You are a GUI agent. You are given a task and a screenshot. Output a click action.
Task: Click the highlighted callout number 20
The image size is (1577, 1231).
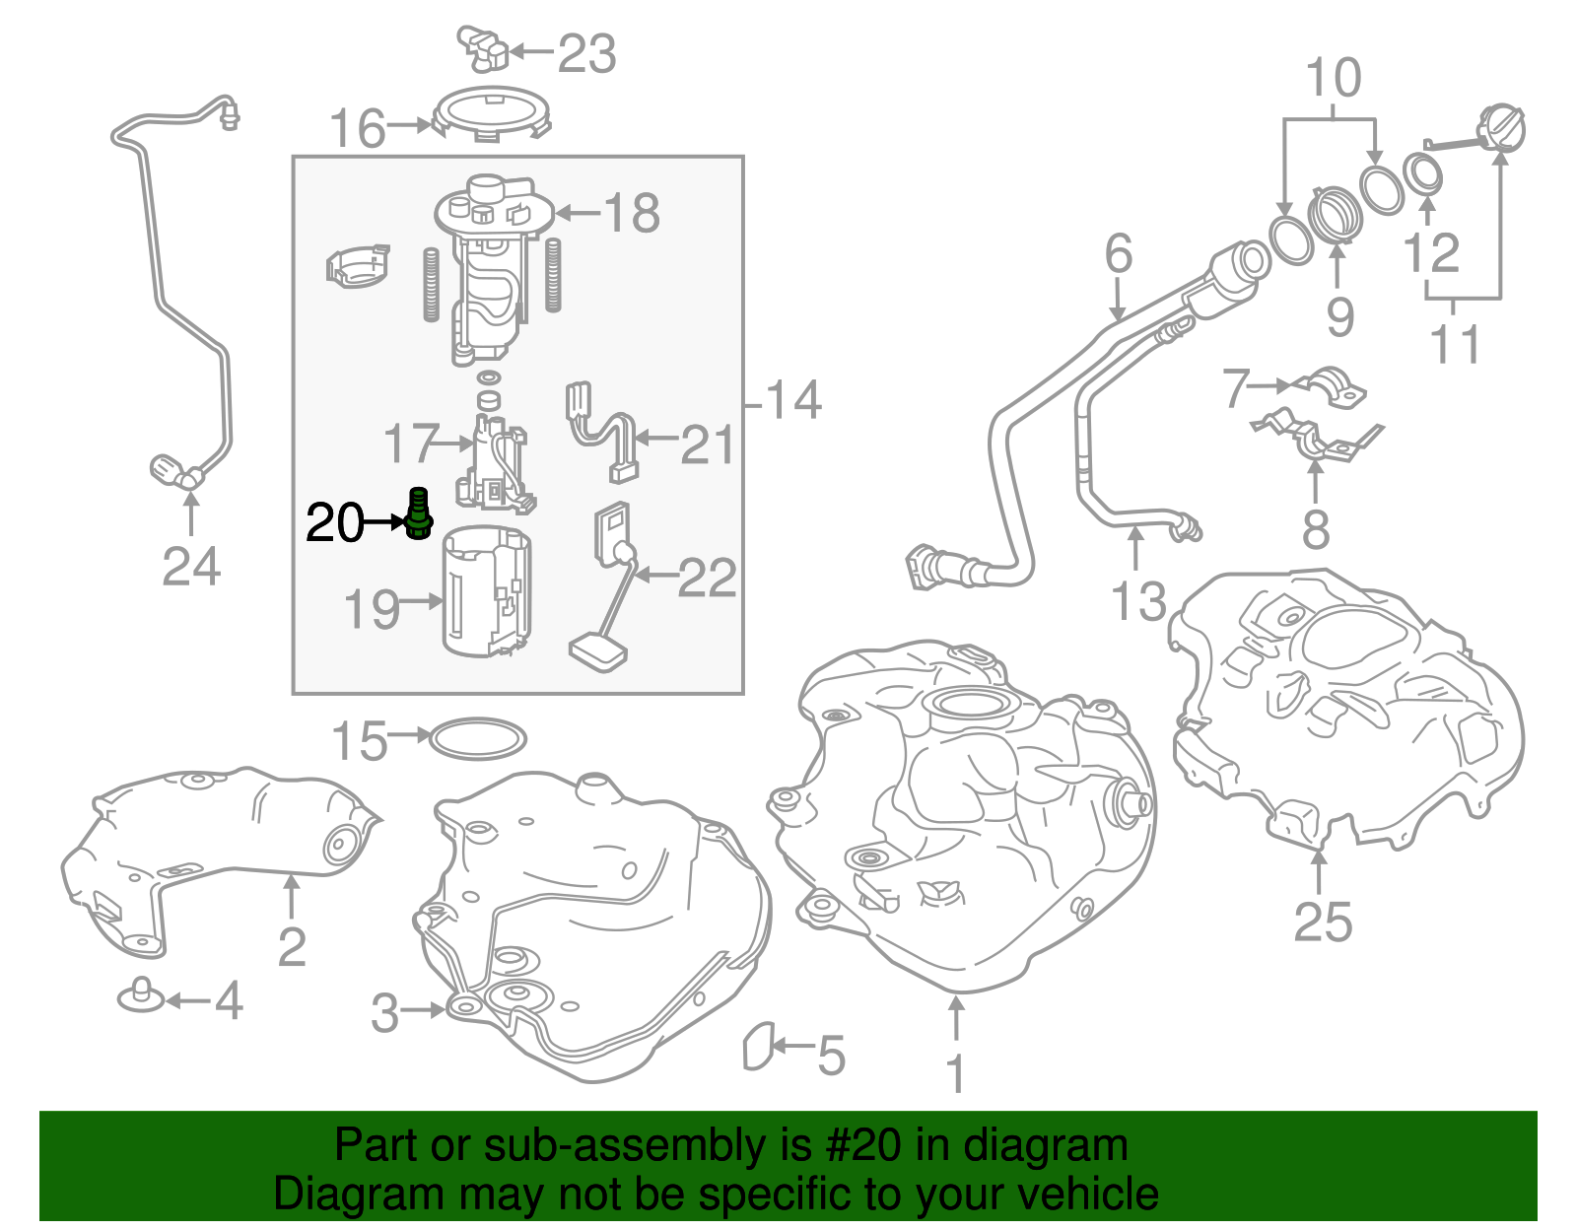pyautogui.click(x=334, y=522)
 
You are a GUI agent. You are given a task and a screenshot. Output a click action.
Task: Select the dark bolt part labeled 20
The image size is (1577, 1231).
pyautogui.click(x=419, y=513)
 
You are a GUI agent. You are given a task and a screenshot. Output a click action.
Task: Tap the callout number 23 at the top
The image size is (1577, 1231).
pyautogui.click(x=586, y=53)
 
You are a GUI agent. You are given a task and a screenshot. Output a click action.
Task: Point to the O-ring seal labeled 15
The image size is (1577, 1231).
pyautogui.click(x=478, y=739)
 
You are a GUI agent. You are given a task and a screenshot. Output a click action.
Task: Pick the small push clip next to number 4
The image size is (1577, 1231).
pyautogui.click(x=140, y=996)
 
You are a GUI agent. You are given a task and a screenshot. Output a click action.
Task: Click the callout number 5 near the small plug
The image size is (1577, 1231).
pyautogui.click(x=831, y=1055)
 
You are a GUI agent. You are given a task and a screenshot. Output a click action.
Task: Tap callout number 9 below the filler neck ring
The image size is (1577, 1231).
pyautogui.click(x=1339, y=317)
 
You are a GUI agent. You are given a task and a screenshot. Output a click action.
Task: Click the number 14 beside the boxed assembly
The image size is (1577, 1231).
pyautogui.click(x=792, y=401)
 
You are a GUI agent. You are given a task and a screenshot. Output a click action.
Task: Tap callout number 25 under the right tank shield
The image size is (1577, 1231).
pyautogui.click(x=1322, y=922)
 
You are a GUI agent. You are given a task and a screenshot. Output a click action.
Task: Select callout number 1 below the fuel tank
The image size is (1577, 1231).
pyautogui.click(x=955, y=1073)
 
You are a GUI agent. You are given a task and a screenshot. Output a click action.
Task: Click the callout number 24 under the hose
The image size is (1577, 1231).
pyautogui.click(x=191, y=567)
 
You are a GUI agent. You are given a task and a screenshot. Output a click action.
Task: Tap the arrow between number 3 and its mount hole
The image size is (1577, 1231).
pyautogui.click(x=423, y=1010)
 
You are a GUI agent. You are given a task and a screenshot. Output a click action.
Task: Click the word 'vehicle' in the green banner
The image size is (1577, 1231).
pyautogui.click(x=1087, y=1194)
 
